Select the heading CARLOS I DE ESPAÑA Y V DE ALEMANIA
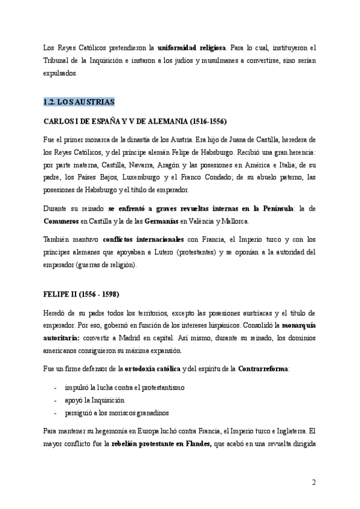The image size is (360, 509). tap(135, 121)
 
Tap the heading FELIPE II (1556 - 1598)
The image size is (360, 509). tap(81, 295)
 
